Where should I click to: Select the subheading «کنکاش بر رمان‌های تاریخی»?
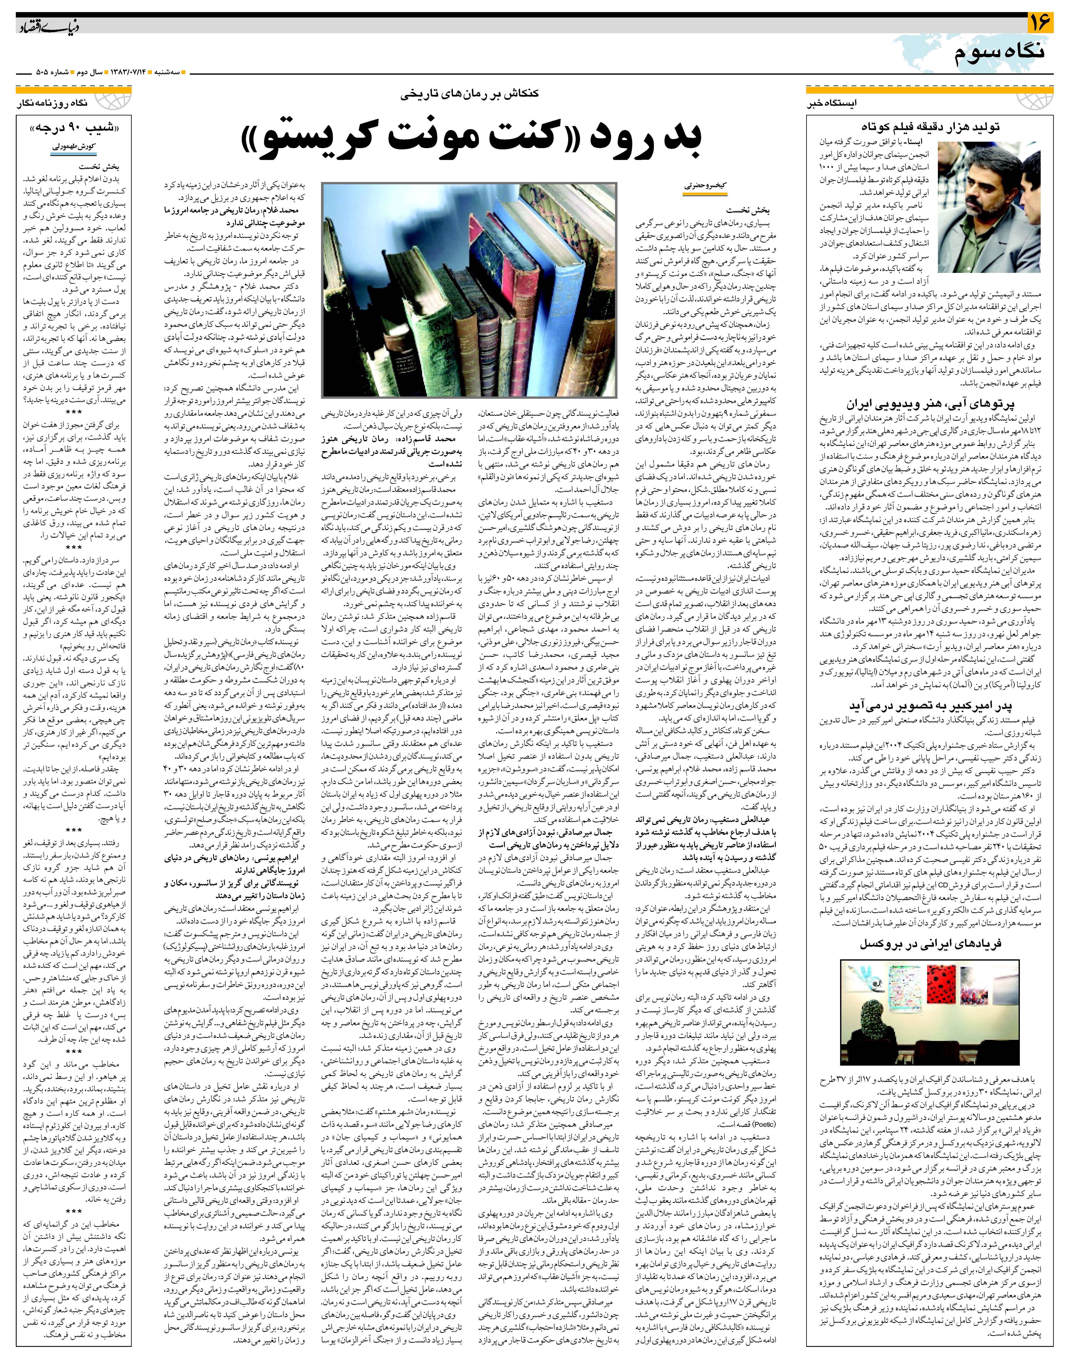pos(473,95)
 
